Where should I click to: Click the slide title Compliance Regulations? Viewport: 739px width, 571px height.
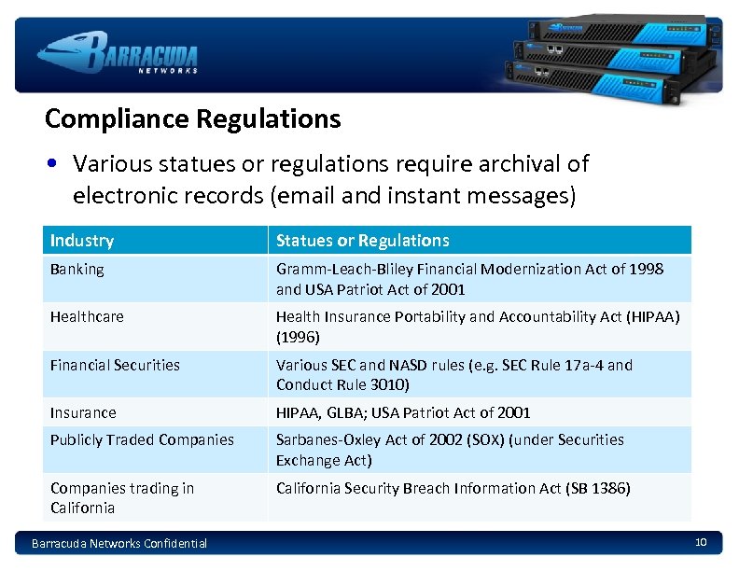click(192, 119)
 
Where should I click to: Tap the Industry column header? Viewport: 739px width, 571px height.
click(82, 241)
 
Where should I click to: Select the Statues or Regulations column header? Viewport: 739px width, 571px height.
click(362, 241)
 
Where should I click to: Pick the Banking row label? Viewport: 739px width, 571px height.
click(77, 270)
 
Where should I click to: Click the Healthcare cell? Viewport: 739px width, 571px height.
click(87, 317)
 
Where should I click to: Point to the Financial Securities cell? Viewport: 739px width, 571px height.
click(115, 366)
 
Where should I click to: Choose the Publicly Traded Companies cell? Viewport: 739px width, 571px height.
click(142, 440)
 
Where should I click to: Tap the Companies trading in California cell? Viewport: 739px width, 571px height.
click(122, 498)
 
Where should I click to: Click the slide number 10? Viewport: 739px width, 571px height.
click(701, 542)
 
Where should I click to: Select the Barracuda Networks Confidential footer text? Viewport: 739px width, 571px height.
click(119, 543)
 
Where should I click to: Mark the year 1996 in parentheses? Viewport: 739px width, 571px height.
click(299, 337)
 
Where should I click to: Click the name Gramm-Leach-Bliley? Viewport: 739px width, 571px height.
click(335, 270)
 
